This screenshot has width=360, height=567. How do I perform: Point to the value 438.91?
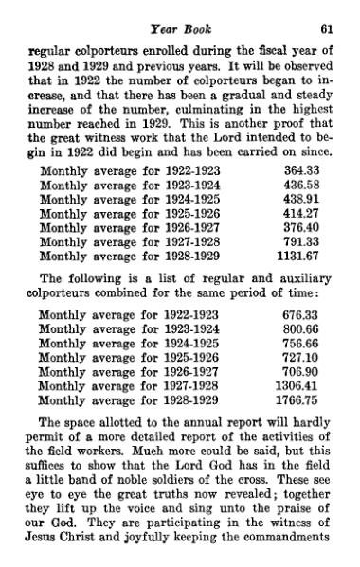coord(301,202)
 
